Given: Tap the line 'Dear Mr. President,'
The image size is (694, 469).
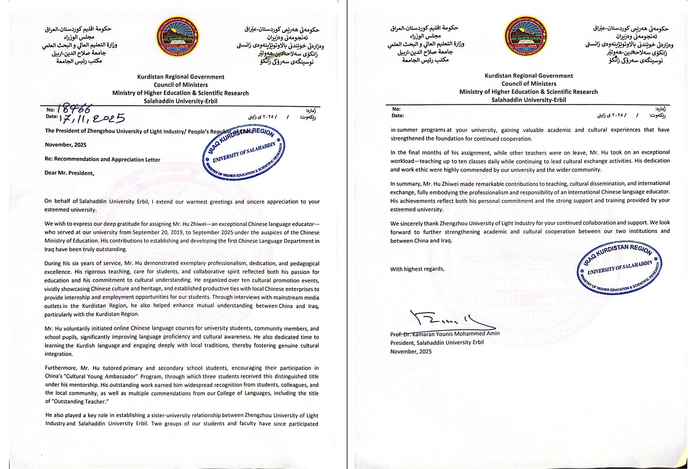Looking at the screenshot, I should [x=69, y=173].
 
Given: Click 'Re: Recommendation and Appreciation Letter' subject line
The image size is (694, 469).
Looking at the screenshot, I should [x=102, y=159].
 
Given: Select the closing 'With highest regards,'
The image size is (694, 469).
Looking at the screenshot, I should [x=417, y=269].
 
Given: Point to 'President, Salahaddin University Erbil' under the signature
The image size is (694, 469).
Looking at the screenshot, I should [x=437, y=342].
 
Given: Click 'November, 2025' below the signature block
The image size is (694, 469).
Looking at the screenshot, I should [x=411, y=352].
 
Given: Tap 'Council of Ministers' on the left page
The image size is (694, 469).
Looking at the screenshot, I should [x=181, y=85].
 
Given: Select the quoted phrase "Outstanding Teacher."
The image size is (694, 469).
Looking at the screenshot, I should [x=79, y=401].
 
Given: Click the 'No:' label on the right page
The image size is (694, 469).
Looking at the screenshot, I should [x=396, y=109].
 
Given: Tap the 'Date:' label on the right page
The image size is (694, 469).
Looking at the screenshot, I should [x=398, y=116].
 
